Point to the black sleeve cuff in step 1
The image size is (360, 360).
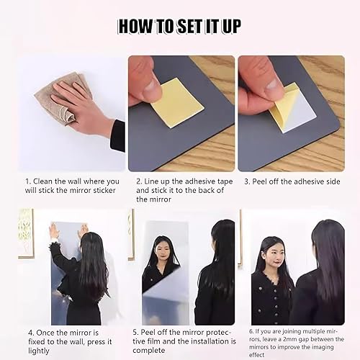pyautogui.click(x=117, y=135)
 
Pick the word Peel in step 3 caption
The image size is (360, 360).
pyautogui.click(x=260, y=181)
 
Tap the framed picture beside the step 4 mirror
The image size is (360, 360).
pyautogui.click(x=26, y=233)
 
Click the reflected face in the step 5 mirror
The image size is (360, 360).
pyautogui.click(x=163, y=251)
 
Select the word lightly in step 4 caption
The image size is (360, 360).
pyautogui.click(x=39, y=351)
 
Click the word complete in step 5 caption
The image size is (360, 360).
pyautogui.click(x=149, y=351)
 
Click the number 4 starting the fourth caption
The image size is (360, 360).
pyautogui.click(x=30, y=333)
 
